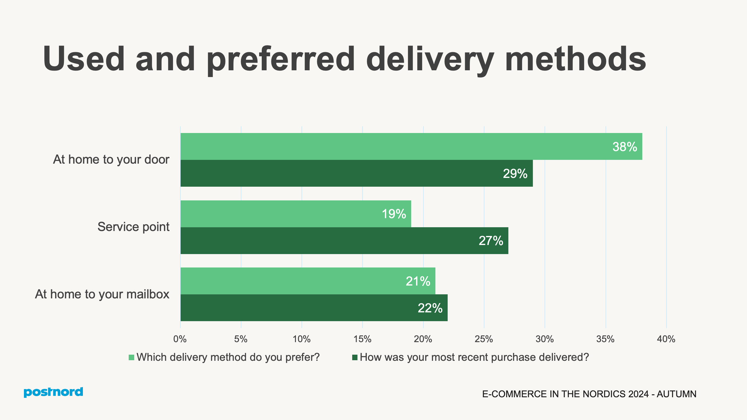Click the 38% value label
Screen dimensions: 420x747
(x=624, y=147)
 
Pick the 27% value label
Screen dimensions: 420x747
(x=491, y=241)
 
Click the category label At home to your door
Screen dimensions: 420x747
(x=111, y=160)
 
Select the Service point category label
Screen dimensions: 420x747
(x=133, y=227)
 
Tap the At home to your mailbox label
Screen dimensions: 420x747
(x=102, y=294)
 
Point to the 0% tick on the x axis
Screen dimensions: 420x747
(x=180, y=339)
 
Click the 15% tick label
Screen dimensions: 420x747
(x=362, y=339)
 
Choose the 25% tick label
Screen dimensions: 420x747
(x=484, y=339)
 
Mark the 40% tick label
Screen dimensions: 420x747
(x=666, y=339)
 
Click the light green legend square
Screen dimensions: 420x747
(x=131, y=357)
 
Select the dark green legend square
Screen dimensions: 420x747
(x=355, y=357)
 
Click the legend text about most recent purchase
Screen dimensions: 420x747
(x=474, y=357)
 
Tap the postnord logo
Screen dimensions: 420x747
(x=53, y=392)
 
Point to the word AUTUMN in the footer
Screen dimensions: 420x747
(x=676, y=394)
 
